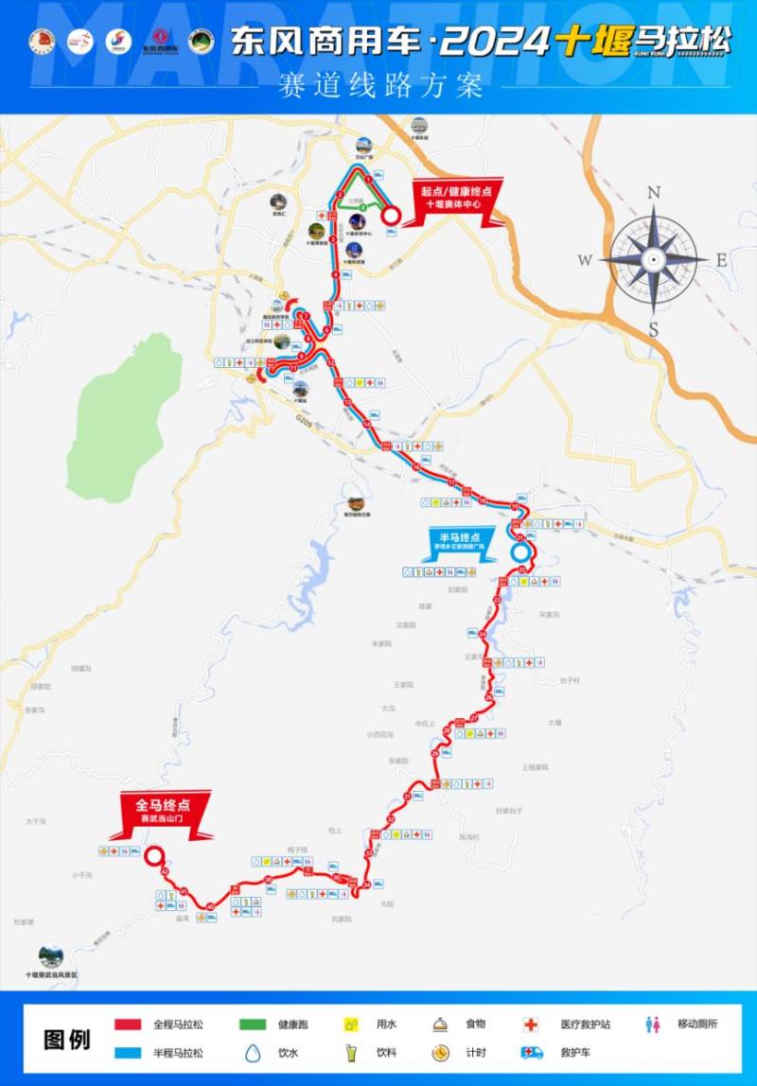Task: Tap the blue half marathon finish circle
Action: point(519,552)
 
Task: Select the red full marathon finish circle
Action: point(153,856)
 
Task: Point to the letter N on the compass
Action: point(653,193)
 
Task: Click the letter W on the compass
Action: point(585,260)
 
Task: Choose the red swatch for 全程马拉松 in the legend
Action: point(128,1025)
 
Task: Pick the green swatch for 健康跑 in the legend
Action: point(252,1025)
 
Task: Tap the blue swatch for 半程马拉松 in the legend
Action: point(128,1052)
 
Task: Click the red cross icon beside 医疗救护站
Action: point(531,1024)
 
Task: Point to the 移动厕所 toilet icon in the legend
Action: point(652,1024)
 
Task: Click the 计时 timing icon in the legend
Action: point(440,1052)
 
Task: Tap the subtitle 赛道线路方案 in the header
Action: point(378,85)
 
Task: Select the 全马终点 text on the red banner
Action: point(163,806)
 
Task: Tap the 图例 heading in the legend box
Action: point(67,1039)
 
